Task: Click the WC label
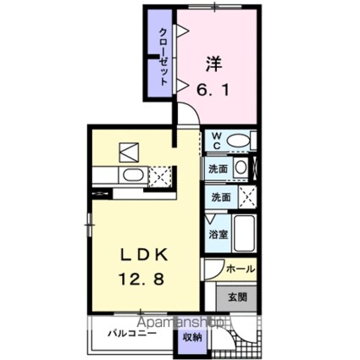pyautogui.click(x=216, y=140)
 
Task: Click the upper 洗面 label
pyautogui.click(x=219, y=169)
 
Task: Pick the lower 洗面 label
pyautogui.click(x=219, y=197)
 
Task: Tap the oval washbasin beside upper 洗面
pyautogui.click(x=241, y=169)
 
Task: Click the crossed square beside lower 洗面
pyautogui.click(x=246, y=197)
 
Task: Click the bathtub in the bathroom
pyautogui.click(x=244, y=231)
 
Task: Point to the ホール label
pyautogui.click(x=240, y=269)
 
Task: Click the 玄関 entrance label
pyautogui.click(x=236, y=297)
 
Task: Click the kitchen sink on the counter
pyautogui.click(x=131, y=175)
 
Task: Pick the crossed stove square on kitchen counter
pyautogui.click(x=158, y=175)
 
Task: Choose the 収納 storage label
pyautogui.click(x=192, y=336)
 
